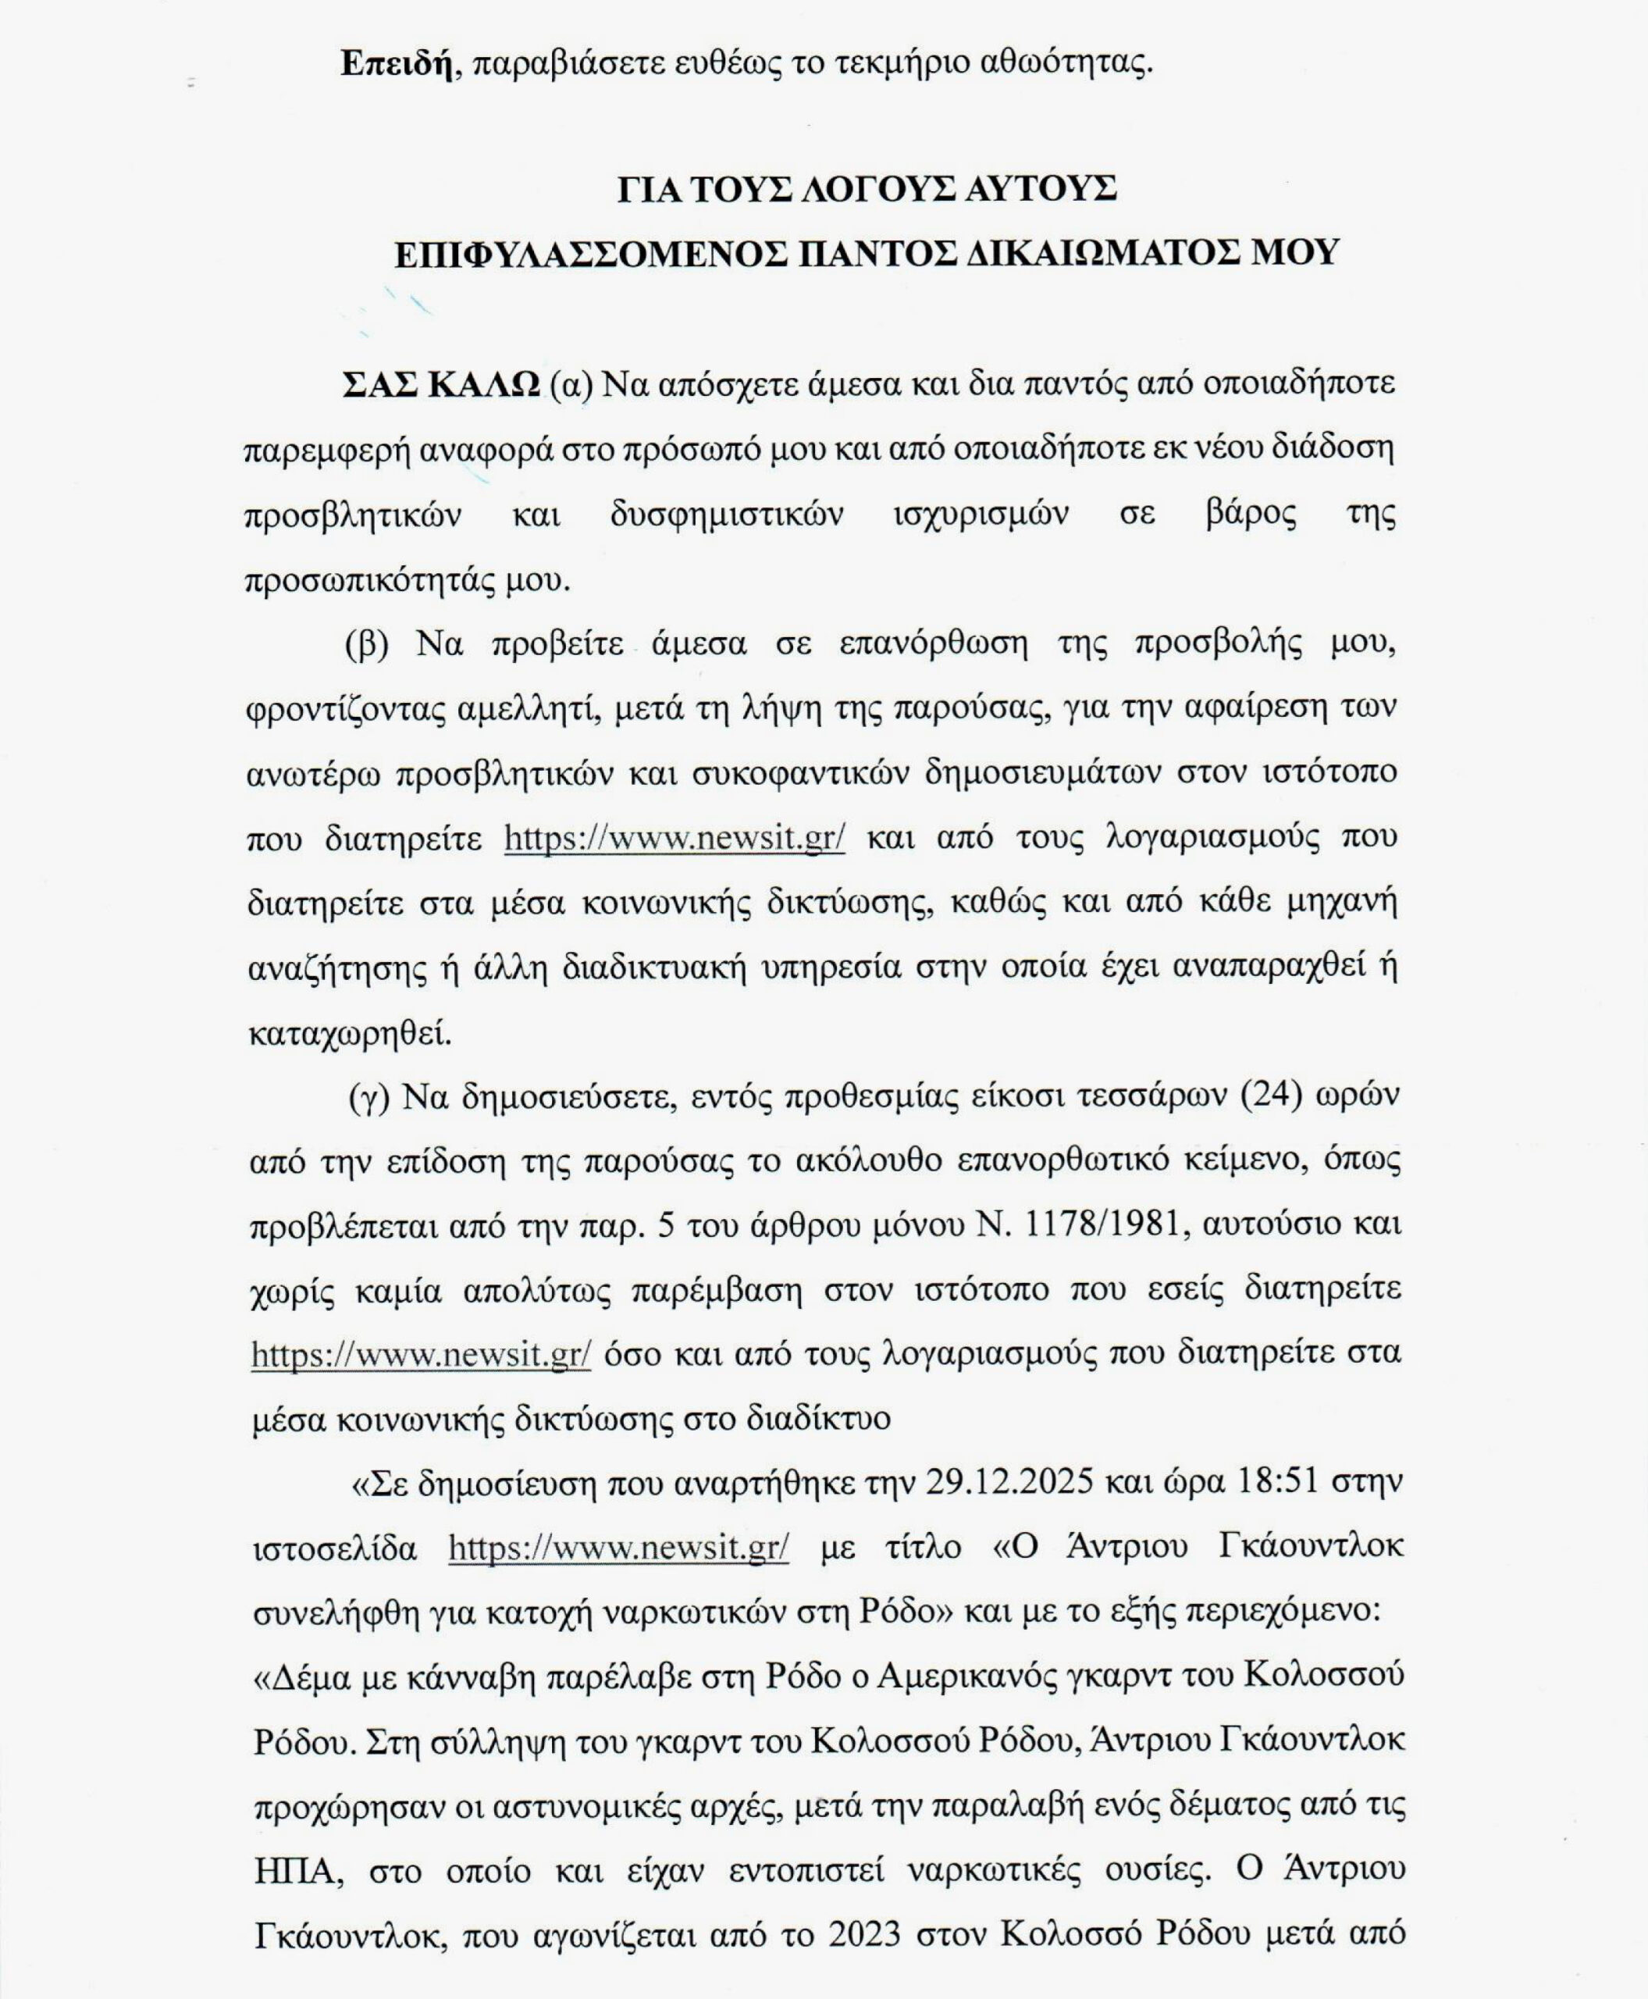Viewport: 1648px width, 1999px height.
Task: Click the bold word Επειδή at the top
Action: (x=397, y=62)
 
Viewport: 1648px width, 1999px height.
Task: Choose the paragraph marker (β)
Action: (x=366, y=645)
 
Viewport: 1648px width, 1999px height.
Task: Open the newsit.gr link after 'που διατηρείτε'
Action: (x=674, y=839)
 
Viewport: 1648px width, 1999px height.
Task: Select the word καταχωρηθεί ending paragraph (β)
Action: (x=349, y=1033)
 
